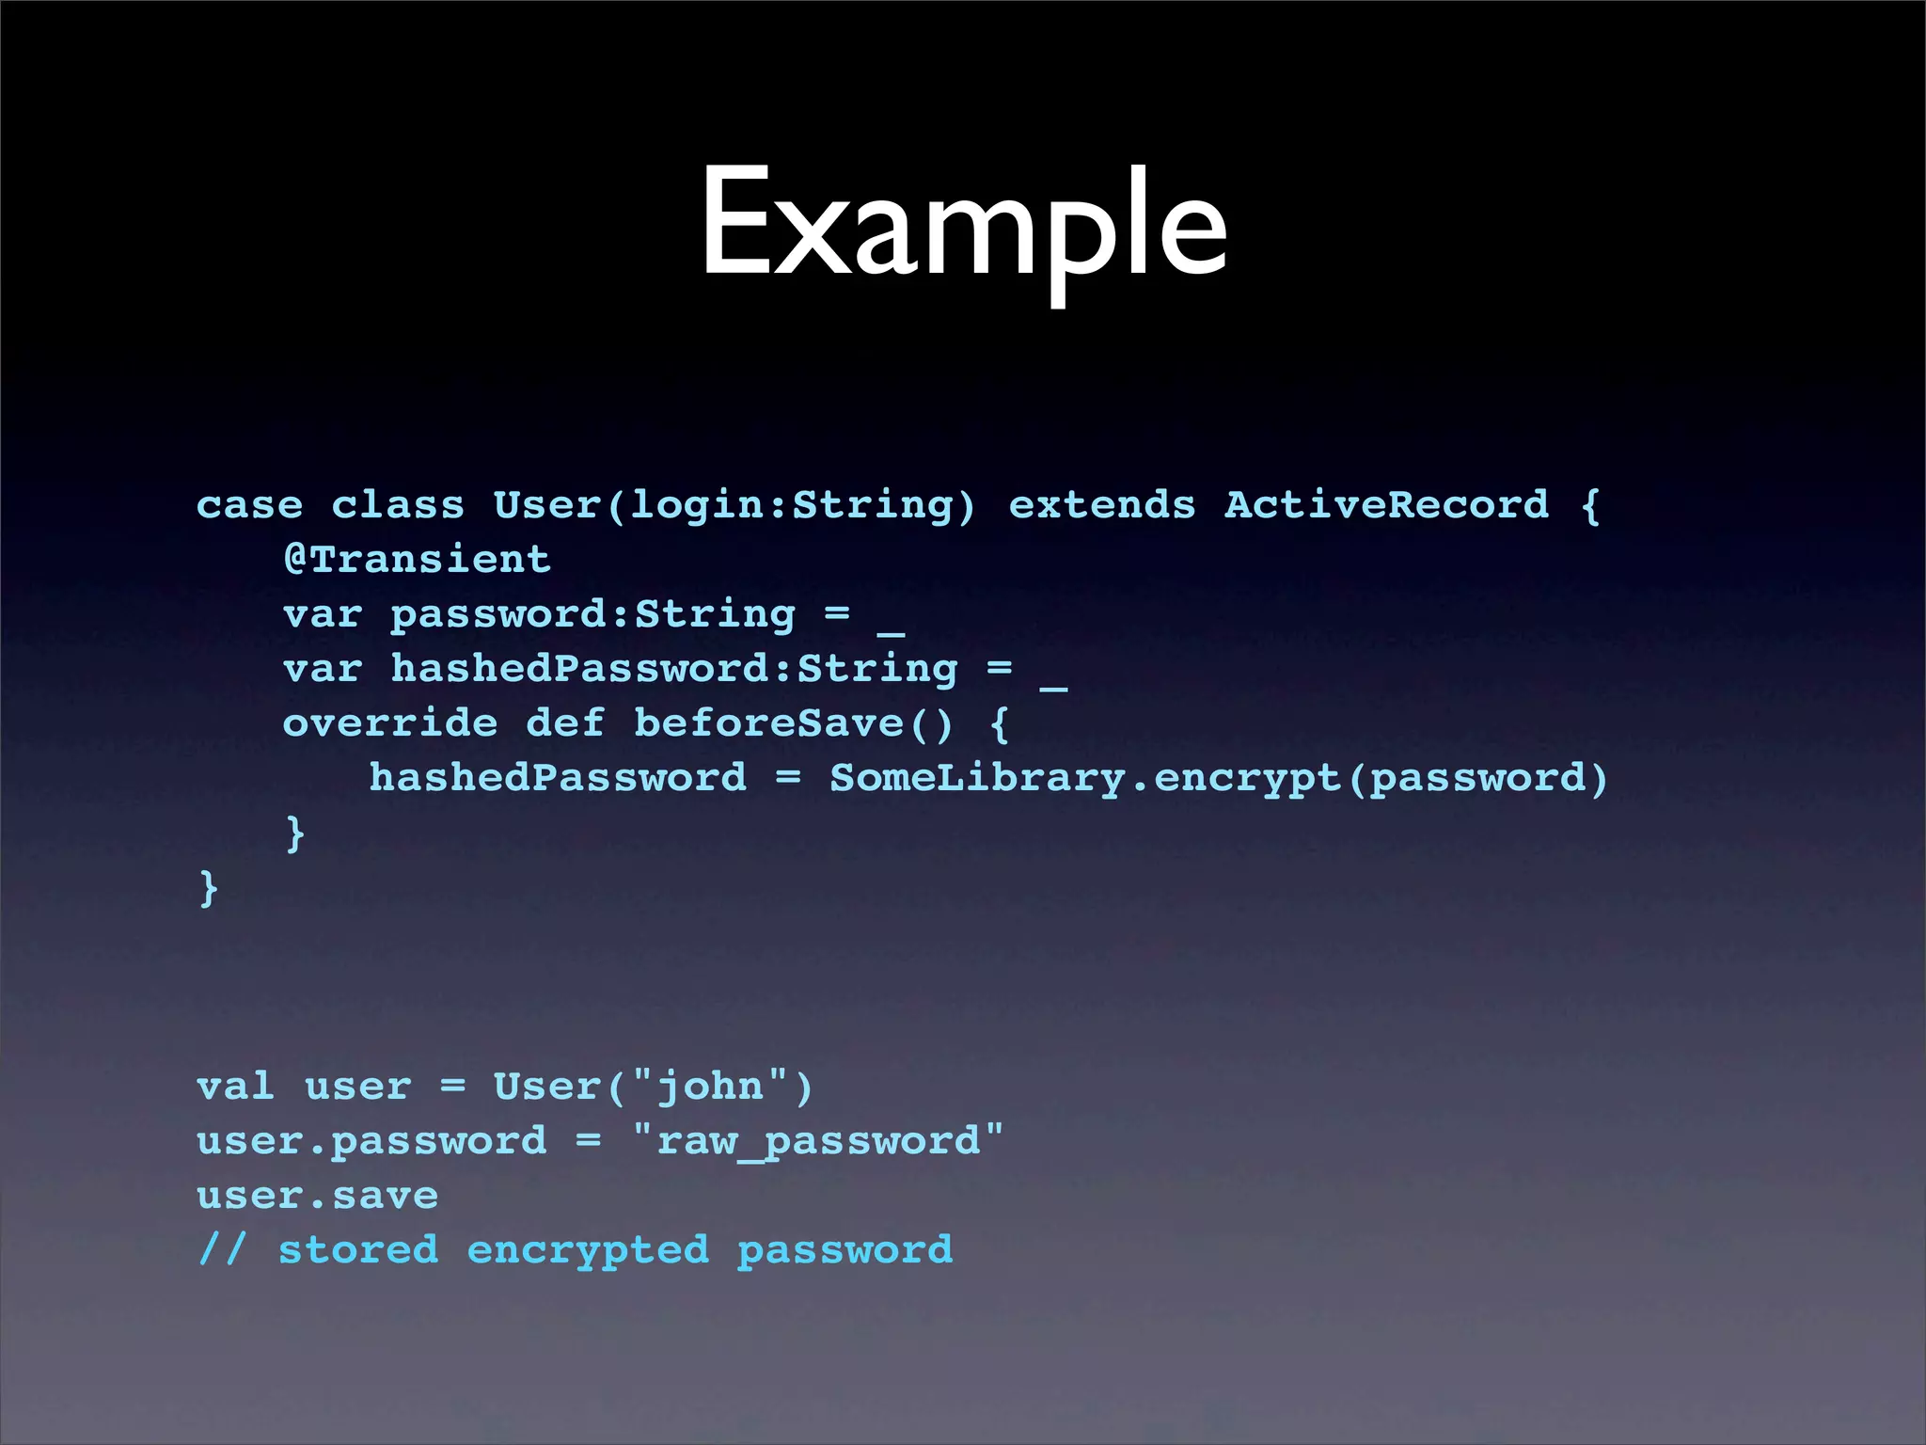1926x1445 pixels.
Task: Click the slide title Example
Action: [x=963, y=226]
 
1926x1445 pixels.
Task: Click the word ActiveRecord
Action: [x=1385, y=505]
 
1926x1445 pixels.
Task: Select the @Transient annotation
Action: [x=417, y=560]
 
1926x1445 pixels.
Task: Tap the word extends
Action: [x=1101, y=505]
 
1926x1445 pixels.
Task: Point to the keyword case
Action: [x=249, y=505]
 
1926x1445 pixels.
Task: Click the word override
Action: [x=390, y=723]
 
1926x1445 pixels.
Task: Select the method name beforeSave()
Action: [x=794, y=723]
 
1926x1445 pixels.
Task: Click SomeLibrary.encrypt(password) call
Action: [x=1219, y=779]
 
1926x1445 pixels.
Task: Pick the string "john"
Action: [x=711, y=1087]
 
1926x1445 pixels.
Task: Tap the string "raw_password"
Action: [x=818, y=1141]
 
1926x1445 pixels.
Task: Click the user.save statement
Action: [x=317, y=1196]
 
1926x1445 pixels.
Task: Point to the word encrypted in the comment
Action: [x=588, y=1250]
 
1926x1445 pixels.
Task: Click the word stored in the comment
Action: [x=358, y=1250]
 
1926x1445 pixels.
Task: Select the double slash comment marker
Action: [x=222, y=1250]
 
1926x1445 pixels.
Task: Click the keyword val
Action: [x=235, y=1087]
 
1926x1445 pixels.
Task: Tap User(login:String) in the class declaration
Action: [x=734, y=505]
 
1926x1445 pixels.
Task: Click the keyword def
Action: [x=564, y=723]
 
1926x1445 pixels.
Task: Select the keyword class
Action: [x=398, y=505]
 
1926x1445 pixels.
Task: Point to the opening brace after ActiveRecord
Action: [x=1590, y=505]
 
